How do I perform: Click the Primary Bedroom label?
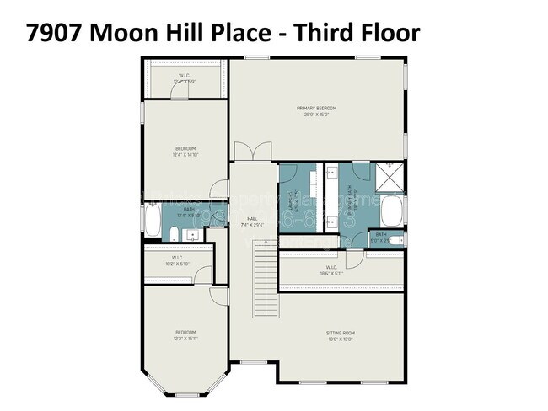316,109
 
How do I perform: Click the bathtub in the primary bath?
392,211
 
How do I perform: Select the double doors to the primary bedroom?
253,152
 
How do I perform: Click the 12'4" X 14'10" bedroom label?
185,152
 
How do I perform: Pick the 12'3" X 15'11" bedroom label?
185,334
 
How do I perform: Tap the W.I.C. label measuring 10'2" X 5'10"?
177,260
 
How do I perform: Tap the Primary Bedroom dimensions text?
316,114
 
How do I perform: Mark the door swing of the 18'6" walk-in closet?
354,257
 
